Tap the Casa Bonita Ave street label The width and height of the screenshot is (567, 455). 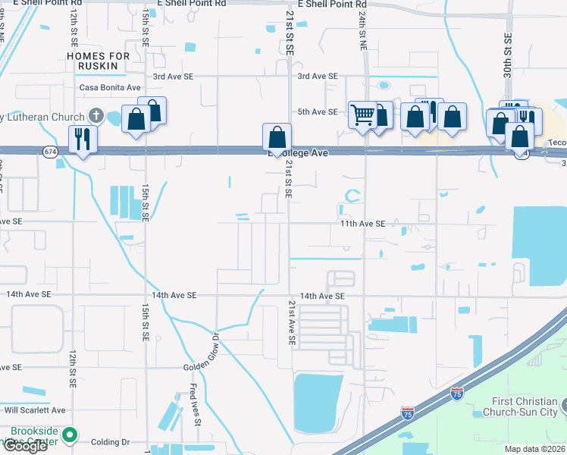click(x=110, y=87)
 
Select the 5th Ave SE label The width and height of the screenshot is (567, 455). click(x=317, y=112)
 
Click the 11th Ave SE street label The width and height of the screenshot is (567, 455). click(x=362, y=224)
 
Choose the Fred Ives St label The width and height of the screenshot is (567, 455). click(x=194, y=406)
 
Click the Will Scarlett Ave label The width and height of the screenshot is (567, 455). click(x=35, y=409)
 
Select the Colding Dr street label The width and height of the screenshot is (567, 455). click(x=111, y=441)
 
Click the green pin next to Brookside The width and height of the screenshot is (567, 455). click(x=70, y=435)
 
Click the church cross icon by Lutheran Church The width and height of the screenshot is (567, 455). click(x=96, y=116)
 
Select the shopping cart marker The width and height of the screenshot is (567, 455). click(x=362, y=115)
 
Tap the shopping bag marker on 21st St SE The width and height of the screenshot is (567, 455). click(x=277, y=137)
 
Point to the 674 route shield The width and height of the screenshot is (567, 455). click(x=50, y=152)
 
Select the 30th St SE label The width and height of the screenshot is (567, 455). click(x=508, y=53)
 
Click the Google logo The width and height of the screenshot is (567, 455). click(x=24, y=446)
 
